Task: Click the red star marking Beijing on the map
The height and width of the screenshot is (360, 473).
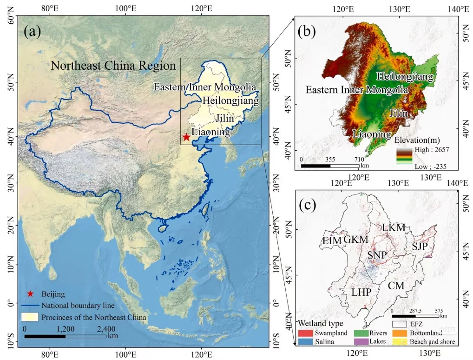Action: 186,137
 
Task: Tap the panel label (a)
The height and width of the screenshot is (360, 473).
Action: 33,31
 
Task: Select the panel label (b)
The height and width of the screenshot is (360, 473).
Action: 307,31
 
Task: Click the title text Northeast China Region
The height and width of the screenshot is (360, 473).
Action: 113,66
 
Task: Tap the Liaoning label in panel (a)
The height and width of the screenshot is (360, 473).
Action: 210,132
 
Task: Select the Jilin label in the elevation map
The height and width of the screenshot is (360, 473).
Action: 398,113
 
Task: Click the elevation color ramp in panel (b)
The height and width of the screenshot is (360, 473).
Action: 404,156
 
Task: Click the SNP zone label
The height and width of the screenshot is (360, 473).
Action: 377,255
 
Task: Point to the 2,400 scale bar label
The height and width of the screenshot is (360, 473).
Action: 106,328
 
